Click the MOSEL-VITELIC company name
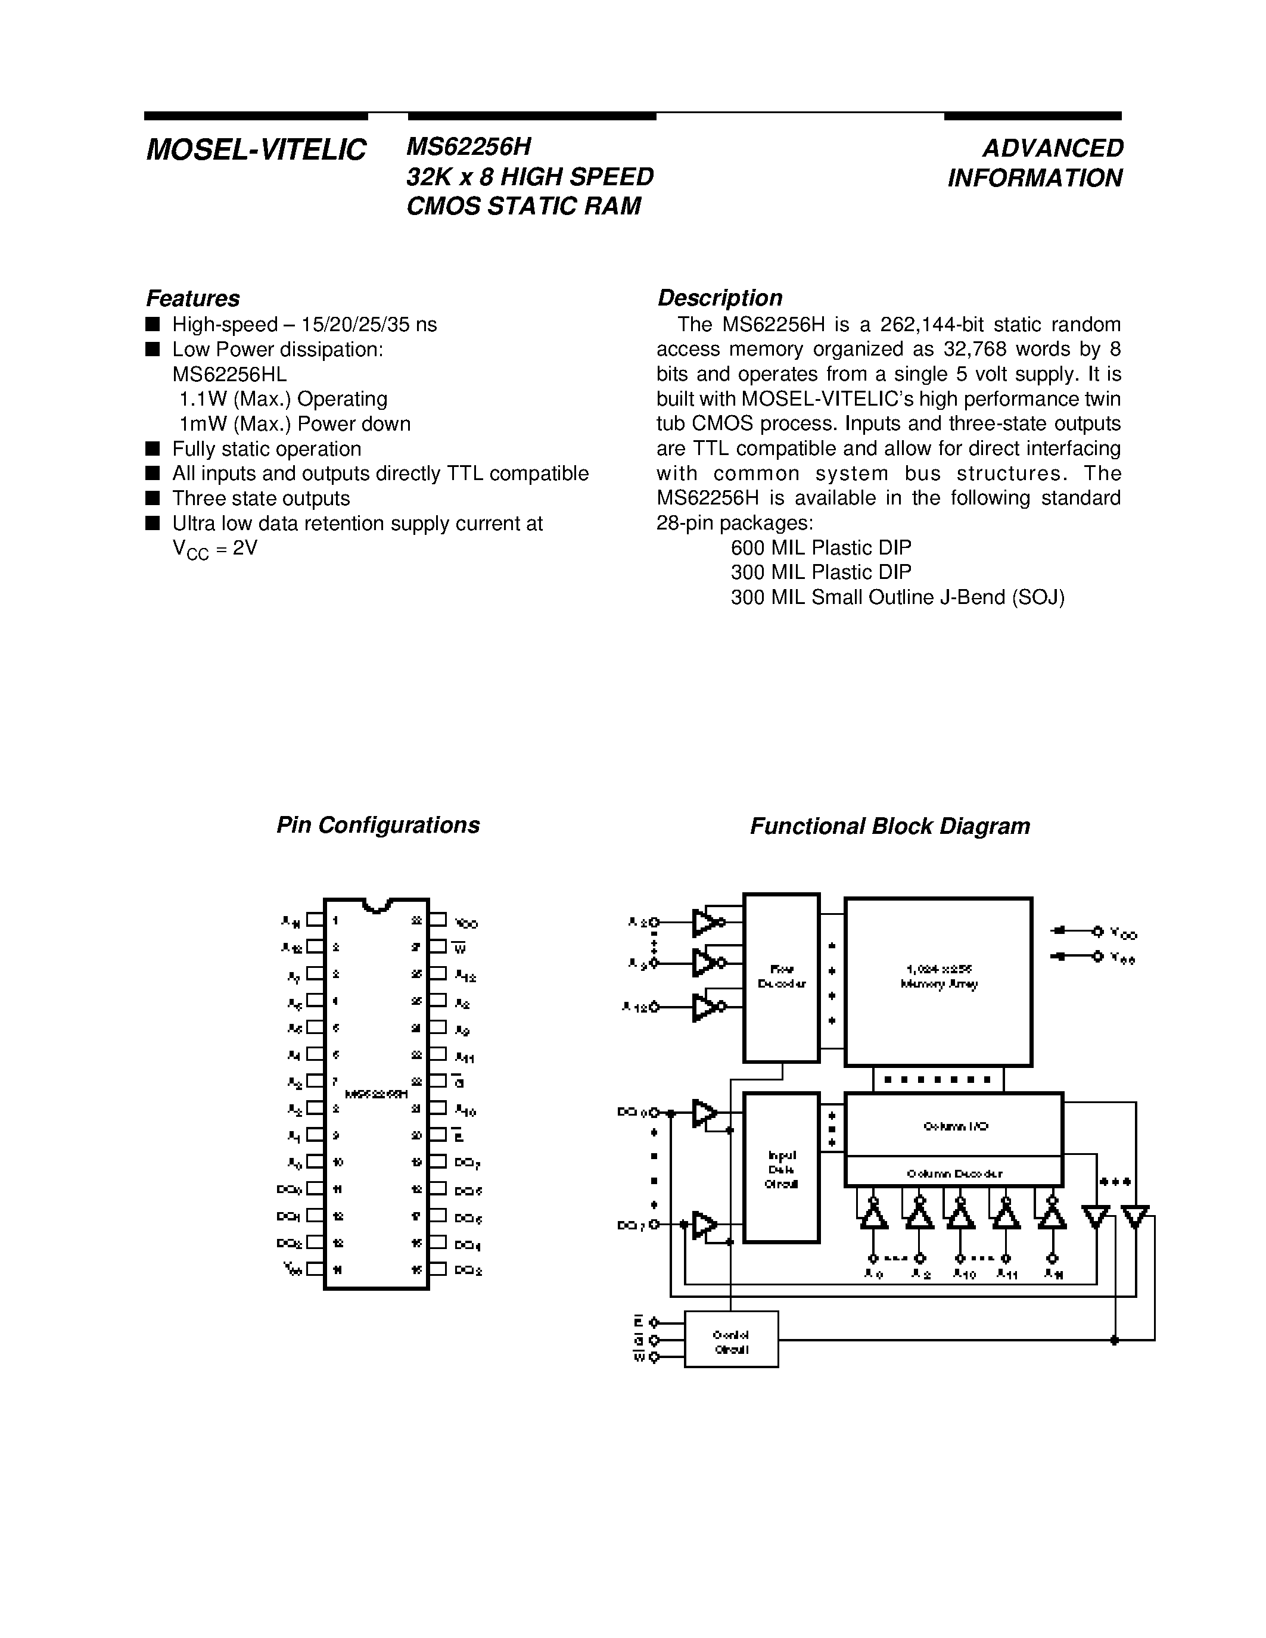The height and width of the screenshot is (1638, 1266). click(256, 150)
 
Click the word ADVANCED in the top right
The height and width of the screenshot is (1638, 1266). click(1052, 148)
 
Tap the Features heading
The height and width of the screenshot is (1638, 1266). click(193, 298)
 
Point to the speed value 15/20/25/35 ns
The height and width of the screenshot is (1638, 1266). click(368, 325)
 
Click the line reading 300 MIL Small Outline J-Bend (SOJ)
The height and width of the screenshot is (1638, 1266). click(897, 598)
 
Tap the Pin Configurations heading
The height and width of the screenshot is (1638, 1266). click(378, 825)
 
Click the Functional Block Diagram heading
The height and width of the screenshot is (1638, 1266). click(889, 827)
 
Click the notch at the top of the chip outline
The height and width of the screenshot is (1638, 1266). click(377, 905)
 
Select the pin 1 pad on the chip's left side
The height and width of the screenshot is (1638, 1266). click(315, 920)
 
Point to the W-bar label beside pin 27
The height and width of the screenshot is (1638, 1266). click(461, 948)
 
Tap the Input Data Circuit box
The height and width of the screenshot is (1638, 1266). click(781, 1168)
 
